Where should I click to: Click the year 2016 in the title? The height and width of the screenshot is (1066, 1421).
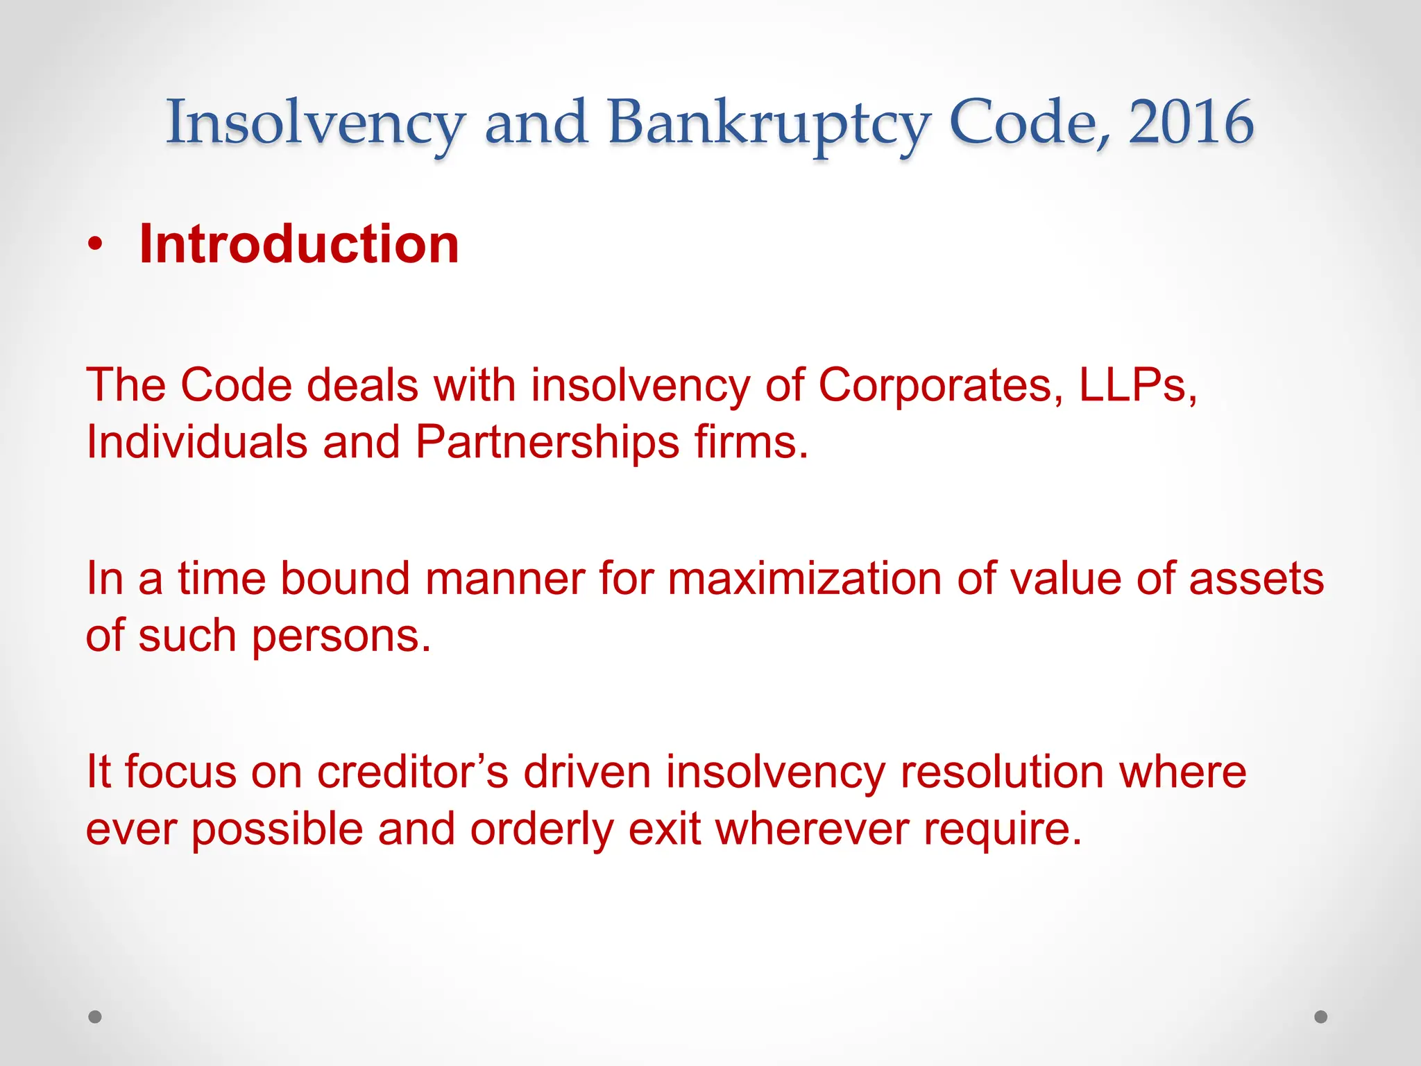(1191, 122)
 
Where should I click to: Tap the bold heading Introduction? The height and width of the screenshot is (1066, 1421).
(299, 244)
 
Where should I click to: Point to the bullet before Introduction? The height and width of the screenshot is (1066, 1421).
(96, 244)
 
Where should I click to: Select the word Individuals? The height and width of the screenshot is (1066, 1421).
(197, 442)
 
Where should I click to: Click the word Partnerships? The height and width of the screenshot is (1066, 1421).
(547, 443)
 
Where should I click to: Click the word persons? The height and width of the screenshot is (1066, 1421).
(341, 637)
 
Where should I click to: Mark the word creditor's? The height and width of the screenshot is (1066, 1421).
(413, 772)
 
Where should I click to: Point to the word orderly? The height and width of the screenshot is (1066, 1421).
(542, 830)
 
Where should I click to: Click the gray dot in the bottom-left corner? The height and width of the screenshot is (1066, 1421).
(95, 1017)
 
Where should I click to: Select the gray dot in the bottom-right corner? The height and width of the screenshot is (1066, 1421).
(1321, 1017)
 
